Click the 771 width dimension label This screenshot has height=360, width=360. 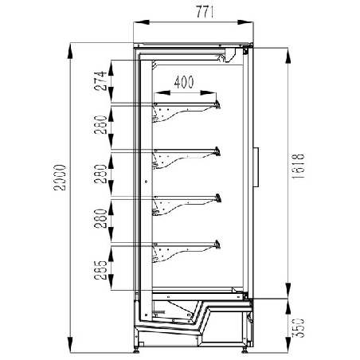tap(205, 12)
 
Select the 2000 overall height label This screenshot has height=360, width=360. tap(60, 178)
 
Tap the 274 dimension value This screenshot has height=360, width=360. tap(100, 81)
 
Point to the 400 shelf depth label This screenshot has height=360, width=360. tap(184, 82)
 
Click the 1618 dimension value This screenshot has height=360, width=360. tap(298, 166)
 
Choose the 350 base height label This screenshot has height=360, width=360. tap(298, 327)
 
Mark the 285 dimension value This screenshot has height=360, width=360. tap(100, 270)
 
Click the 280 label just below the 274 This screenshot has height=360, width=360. tap(100, 125)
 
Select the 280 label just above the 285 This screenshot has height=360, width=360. tap(100, 219)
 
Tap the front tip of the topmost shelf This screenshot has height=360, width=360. tap(218, 104)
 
